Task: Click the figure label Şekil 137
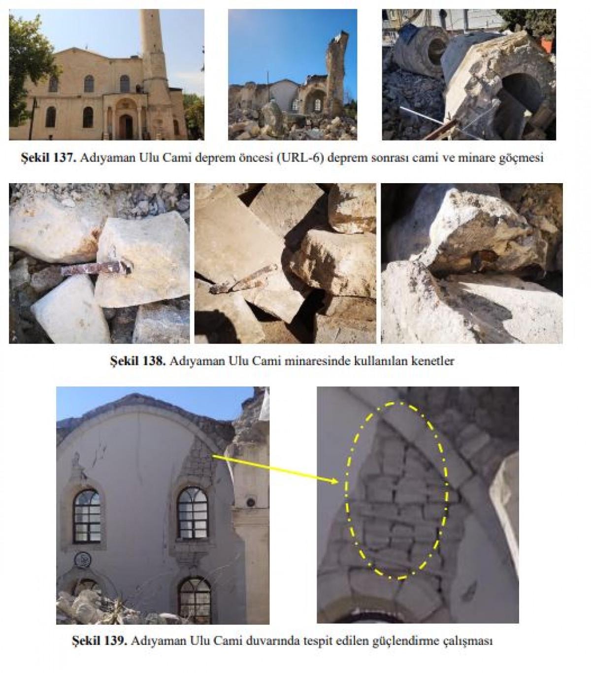(49, 158)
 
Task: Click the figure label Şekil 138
(137, 361)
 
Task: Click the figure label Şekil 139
(99, 641)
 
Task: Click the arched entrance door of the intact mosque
(126, 126)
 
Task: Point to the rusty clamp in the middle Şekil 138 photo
(243, 280)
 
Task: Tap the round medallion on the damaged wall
(82, 561)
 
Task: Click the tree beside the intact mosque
(30, 70)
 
